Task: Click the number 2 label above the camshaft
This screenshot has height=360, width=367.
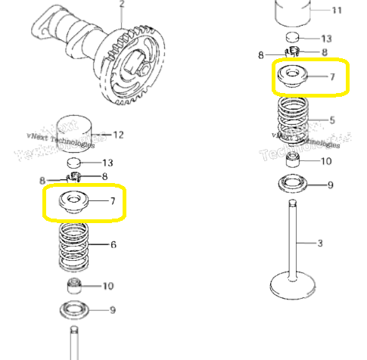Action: click(120, 4)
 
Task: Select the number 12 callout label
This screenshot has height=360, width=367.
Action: click(117, 135)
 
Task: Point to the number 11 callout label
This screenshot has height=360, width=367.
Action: click(337, 10)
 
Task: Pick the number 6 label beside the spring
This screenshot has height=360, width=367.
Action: click(114, 244)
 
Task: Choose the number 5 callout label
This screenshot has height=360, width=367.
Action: click(331, 119)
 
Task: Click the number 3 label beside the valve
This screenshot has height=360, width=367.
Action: click(320, 243)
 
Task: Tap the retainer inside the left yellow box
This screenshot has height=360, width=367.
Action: click(74, 201)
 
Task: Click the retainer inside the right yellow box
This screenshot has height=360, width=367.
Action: click(293, 76)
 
